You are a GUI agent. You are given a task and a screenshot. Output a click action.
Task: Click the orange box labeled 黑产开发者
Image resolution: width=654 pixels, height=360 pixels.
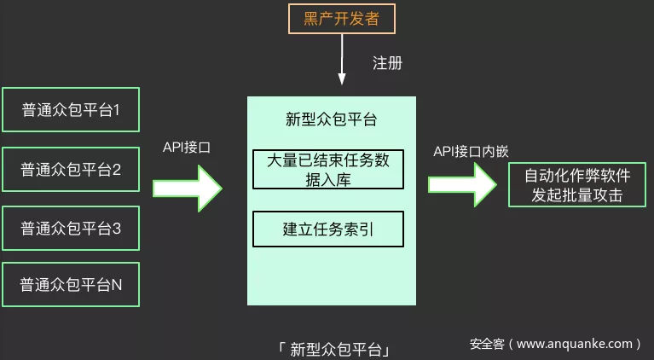click(341, 19)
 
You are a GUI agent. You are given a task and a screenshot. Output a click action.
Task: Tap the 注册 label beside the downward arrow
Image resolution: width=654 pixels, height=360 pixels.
click(387, 63)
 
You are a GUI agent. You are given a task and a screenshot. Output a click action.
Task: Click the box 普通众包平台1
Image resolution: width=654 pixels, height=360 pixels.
click(71, 110)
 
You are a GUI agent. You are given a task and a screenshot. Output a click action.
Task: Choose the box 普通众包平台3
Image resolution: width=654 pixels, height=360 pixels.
click(71, 229)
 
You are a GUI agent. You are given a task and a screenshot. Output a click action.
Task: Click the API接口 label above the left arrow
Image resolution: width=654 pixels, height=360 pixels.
click(187, 148)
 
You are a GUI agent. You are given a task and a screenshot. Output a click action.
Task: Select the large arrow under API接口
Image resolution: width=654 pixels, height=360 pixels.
click(187, 187)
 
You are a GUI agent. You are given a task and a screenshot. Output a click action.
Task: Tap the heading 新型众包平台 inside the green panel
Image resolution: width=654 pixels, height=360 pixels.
click(332, 119)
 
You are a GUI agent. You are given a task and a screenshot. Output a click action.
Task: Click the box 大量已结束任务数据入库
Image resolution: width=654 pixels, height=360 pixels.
click(328, 170)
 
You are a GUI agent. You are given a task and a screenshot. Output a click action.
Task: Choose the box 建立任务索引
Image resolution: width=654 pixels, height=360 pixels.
click(328, 229)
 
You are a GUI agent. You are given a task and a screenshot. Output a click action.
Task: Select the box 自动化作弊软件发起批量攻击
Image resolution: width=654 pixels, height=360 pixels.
click(576, 186)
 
